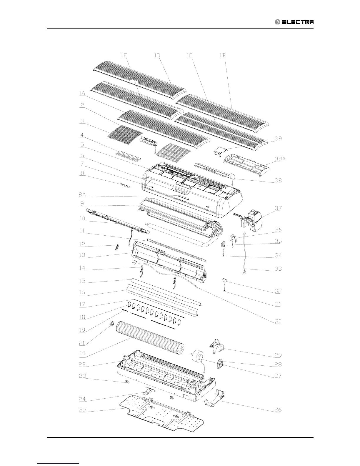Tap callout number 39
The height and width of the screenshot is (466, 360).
[x=278, y=139]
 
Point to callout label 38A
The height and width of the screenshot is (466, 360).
[x=280, y=159]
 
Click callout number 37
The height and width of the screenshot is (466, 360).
[x=278, y=208]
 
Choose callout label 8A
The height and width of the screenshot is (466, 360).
[x=83, y=194]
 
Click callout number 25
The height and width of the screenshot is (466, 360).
[x=83, y=409]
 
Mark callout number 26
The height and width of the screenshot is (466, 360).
[x=278, y=410]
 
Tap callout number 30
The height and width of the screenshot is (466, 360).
[x=278, y=322]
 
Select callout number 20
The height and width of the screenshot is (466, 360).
[x=82, y=342]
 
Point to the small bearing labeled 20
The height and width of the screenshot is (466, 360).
[x=112, y=324]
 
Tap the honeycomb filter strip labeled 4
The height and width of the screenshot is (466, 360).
[x=128, y=155]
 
